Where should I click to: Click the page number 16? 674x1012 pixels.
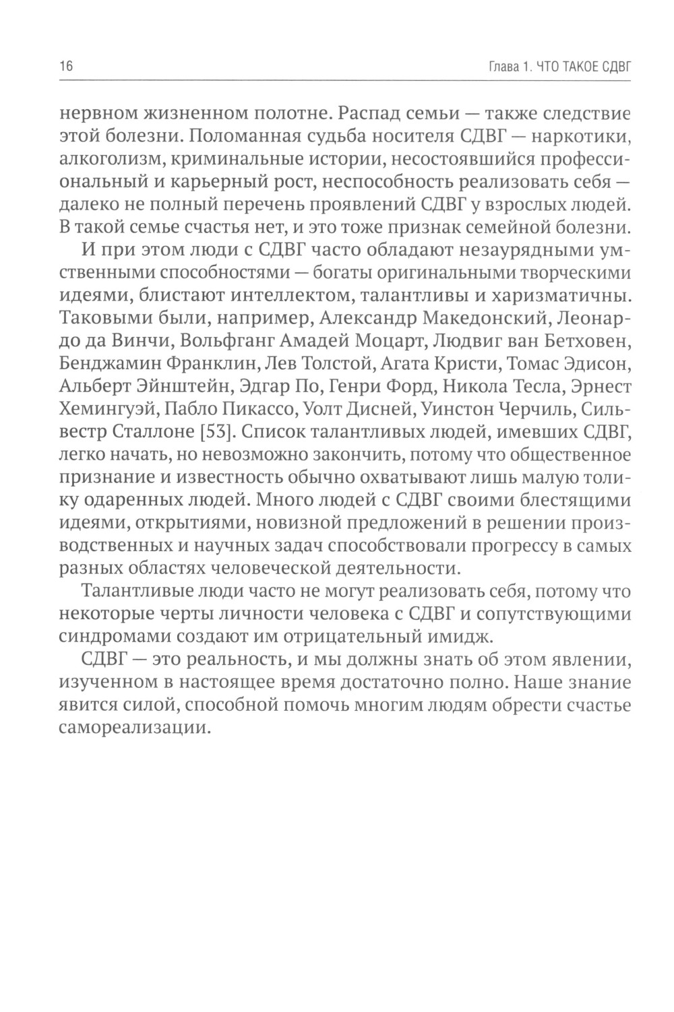tap(66, 66)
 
